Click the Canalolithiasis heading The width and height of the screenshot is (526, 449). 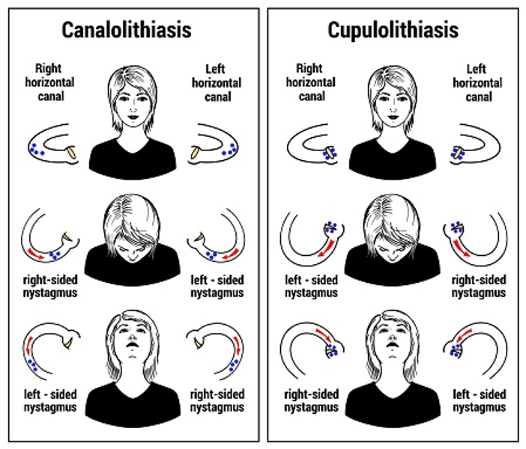(127, 30)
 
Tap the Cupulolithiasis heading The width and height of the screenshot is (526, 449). (393, 31)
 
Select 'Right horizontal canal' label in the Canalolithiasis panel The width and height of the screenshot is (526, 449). (49, 82)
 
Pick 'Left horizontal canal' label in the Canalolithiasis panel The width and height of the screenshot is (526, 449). (217, 83)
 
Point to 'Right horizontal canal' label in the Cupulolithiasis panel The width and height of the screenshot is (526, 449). (311, 82)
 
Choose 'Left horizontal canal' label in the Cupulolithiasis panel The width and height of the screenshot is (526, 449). (477, 83)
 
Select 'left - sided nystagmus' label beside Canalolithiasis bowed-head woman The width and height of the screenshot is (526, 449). (217, 287)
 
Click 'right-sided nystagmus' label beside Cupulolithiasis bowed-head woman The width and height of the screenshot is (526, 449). (478, 287)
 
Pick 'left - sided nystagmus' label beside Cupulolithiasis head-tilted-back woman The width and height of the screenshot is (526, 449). (479, 401)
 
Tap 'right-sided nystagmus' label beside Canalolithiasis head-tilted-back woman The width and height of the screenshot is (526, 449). (217, 401)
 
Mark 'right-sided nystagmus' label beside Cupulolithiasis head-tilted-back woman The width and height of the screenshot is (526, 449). (311, 401)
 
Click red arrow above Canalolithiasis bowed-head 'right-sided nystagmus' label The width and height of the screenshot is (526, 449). (35, 254)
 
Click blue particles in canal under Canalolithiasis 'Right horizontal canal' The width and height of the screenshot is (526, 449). (36, 150)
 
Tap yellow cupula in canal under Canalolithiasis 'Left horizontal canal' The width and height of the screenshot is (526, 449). (196, 152)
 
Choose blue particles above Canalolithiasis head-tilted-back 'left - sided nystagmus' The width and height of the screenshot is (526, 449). (32, 365)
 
